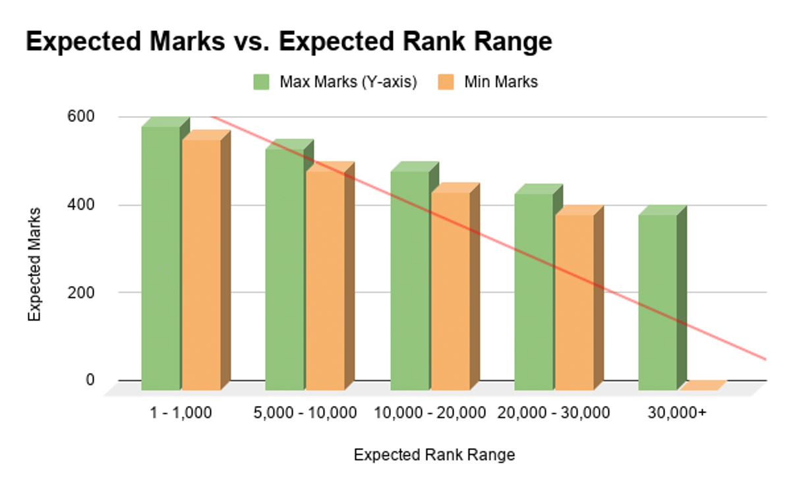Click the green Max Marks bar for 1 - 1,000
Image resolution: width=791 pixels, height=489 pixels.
160,257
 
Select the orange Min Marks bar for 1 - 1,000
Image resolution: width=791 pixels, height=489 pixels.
201,264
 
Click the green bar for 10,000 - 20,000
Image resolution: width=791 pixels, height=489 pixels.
409,280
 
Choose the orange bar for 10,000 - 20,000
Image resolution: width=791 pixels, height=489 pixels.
450,291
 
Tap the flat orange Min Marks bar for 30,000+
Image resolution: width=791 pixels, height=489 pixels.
702,385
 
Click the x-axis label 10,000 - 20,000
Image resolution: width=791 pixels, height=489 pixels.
430,413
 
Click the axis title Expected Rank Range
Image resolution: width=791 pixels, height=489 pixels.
434,455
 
